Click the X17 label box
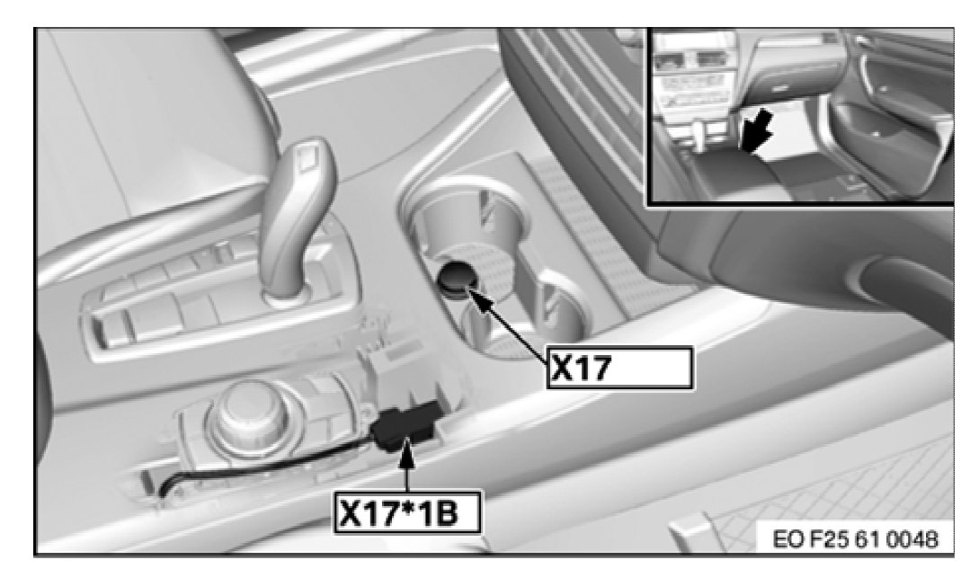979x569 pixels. [x=619, y=368]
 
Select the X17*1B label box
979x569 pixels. [x=408, y=512]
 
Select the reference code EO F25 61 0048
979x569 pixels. [x=855, y=538]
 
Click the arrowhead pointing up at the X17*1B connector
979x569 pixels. [x=406, y=449]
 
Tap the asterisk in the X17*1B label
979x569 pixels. [x=408, y=507]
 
